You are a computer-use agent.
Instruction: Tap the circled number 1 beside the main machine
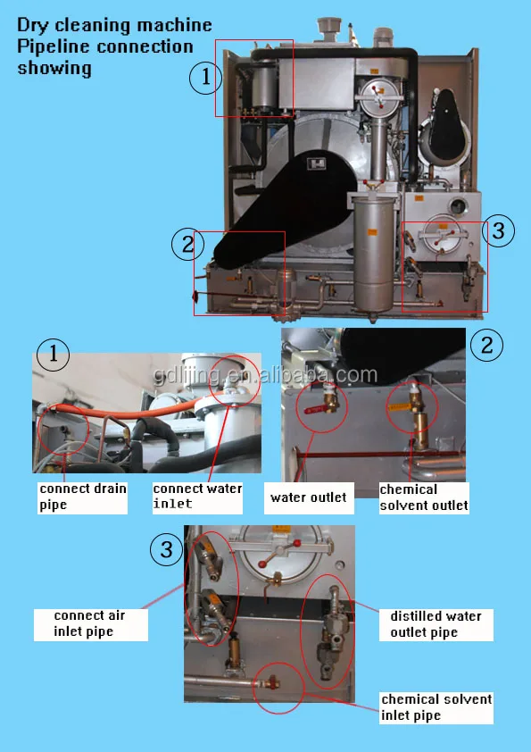[x=205, y=79]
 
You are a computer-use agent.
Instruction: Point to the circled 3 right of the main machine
[x=499, y=231]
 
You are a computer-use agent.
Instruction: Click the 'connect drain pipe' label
[x=82, y=497]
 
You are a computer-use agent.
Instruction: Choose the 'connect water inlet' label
[x=196, y=496]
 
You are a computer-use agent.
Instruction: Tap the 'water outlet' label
[x=308, y=497]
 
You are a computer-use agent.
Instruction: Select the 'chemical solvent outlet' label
[x=423, y=497]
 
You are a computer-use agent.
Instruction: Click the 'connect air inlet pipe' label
[x=89, y=623]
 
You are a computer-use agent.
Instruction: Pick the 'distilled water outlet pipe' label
[x=436, y=624]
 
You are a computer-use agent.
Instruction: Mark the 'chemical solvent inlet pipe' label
[x=436, y=706]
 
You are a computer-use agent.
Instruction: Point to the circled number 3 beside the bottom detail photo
[x=166, y=549]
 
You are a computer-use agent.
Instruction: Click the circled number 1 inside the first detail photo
[x=53, y=355]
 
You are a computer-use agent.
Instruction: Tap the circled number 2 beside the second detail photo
[x=486, y=345]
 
